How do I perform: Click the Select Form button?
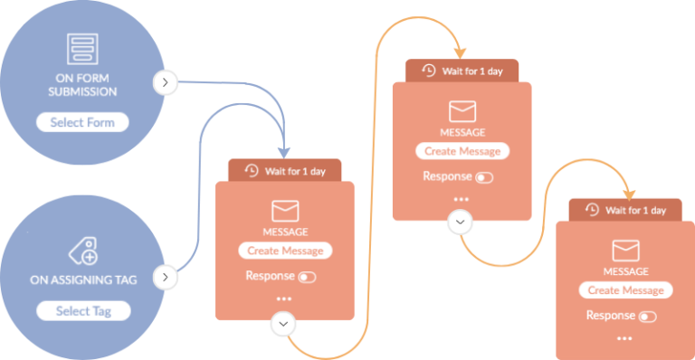coord(82,122)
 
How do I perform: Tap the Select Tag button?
coord(82,311)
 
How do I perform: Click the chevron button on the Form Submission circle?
coord(164,82)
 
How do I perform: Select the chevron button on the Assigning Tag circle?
coord(164,277)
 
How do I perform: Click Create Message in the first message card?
coord(285,251)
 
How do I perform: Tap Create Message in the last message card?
coord(626,290)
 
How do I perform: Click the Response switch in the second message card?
coord(484,177)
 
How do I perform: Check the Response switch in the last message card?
coord(647,317)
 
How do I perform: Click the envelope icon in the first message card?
coord(285,212)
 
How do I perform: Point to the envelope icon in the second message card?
coord(462,112)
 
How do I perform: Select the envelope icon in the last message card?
coord(626,251)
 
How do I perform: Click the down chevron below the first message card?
coord(284,323)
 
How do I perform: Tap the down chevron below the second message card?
coord(461,222)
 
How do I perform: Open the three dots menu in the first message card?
coord(284,298)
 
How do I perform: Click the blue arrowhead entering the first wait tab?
coord(286,151)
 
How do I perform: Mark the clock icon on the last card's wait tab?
coord(592,210)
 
